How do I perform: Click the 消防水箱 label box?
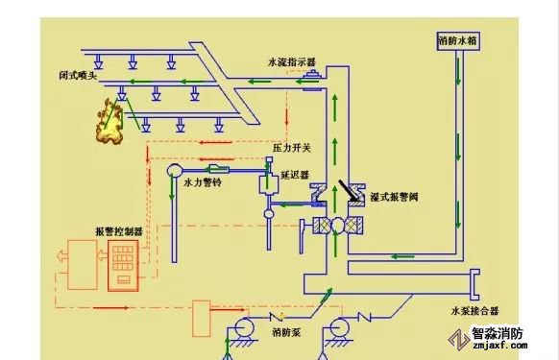(458, 41)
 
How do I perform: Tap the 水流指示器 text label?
(292, 62)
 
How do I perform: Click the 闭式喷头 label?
(78, 76)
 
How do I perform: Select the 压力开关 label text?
(292, 148)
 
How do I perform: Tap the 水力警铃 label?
(203, 182)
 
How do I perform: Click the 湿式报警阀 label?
(395, 197)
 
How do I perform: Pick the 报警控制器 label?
(119, 231)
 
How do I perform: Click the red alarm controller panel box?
(123, 265)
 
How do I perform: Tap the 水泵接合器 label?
(474, 311)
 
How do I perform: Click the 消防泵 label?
(286, 332)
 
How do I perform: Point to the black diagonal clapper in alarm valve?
(349, 191)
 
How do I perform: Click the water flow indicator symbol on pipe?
(313, 76)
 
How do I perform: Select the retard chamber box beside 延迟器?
(268, 184)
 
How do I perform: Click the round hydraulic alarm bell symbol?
(175, 170)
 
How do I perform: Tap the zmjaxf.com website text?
(500, 345)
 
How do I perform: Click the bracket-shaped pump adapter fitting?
(475, 284)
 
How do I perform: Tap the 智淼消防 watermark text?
(498, 333)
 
